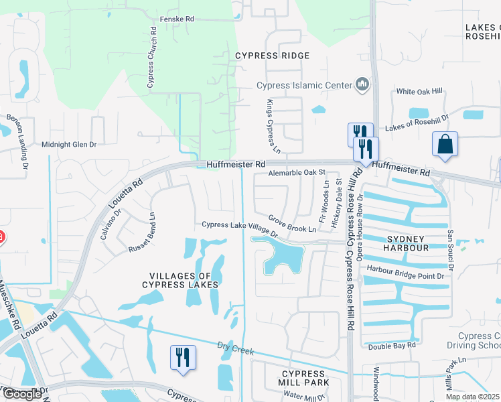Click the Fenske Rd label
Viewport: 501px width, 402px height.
click(x=177, y=20)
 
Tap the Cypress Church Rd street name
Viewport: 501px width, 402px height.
click(x=151, y=58)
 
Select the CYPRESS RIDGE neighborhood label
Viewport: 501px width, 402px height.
click(x=272, y=56)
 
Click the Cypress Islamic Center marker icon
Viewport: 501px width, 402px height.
click(x=363, y=84)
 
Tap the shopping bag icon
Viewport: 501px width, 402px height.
click(x=445, y=144)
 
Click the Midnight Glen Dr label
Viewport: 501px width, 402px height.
click(x=69, y=144)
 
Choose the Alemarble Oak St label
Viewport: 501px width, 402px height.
click(x=296, y=173)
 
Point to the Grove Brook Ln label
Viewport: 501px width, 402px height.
click(x=292, y=224)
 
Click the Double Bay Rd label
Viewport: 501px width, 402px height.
click(x=392, y=346)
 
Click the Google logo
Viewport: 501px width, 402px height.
click(x=22, y=395)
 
